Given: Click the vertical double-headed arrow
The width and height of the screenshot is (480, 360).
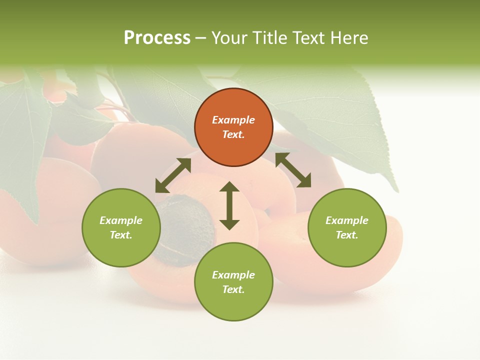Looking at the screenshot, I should click(229, 205).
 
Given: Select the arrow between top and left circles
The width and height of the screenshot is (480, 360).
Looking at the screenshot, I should click(173, 175).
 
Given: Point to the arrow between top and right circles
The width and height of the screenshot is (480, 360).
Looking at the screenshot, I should click(293, 170).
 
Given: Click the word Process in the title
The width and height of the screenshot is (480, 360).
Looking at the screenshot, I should click(157, 37).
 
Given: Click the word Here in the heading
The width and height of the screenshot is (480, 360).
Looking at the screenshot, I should click(349, 37).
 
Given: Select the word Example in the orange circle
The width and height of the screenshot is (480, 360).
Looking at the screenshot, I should click(233, 120).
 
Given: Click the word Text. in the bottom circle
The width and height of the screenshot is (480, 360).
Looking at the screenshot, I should click(233, 289).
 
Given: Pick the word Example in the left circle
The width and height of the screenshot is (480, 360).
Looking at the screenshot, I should click(121, 220).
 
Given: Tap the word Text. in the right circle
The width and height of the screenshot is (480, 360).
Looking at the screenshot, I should click(347, 235).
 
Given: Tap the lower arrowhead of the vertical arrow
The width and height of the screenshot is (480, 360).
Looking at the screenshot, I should click(229, 224).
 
